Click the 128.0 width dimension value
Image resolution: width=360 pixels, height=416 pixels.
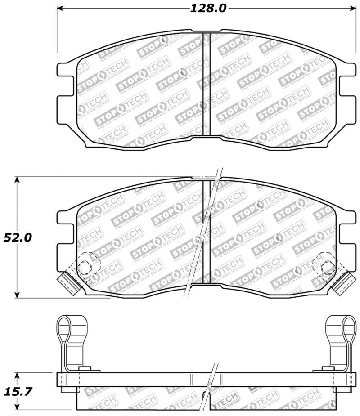(205, 8)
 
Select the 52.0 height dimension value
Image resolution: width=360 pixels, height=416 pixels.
(18, 237)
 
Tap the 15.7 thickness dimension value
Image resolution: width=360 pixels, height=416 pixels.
(18, 392)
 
